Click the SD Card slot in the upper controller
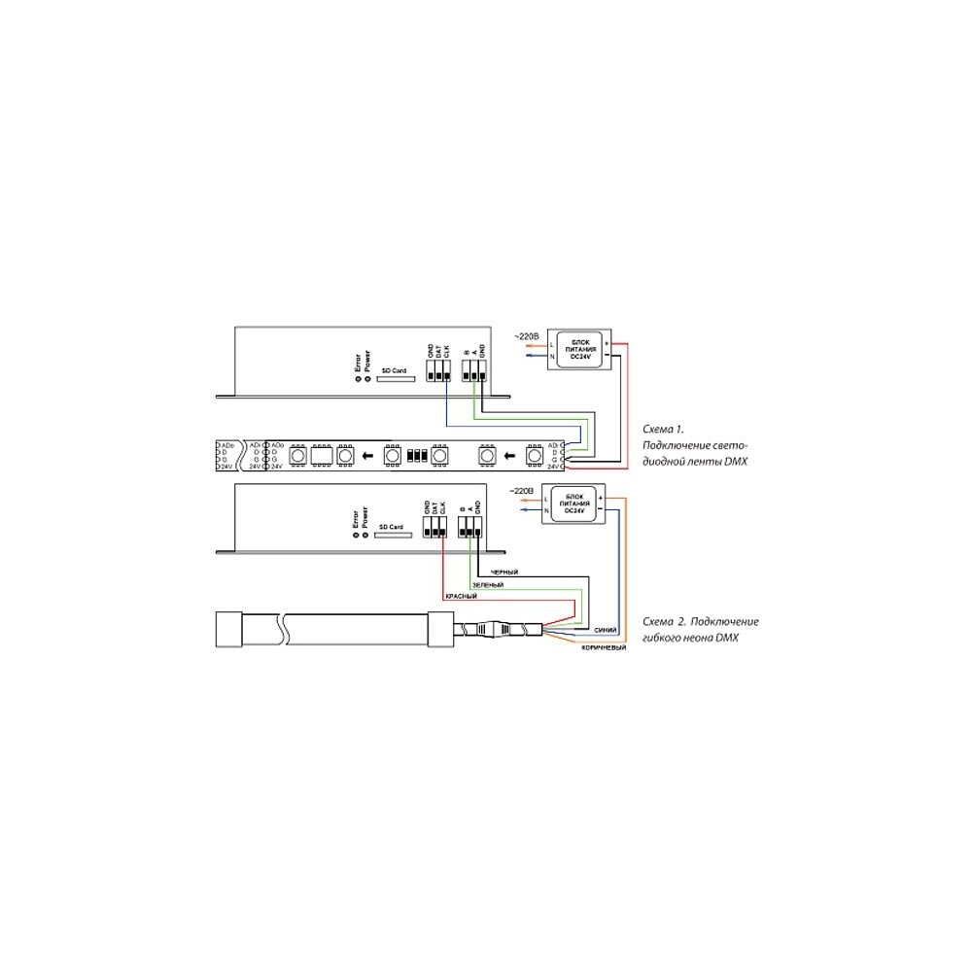pyautogui.click(x=394, y=380)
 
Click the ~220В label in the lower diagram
pyautogui.click(x=522, y=491)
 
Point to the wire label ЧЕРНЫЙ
pyautogui.click(x=505, y=573)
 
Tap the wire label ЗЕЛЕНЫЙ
pyautogui.click(x=487, y=586)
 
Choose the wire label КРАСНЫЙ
pyautogui.click(x=461, y=596)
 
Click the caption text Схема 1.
pyautogui.click(x=665, y=428)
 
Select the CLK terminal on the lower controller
pyautogui.click(x=443, y=526)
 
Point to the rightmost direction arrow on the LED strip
pyautogui.click(x=508, y=454)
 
